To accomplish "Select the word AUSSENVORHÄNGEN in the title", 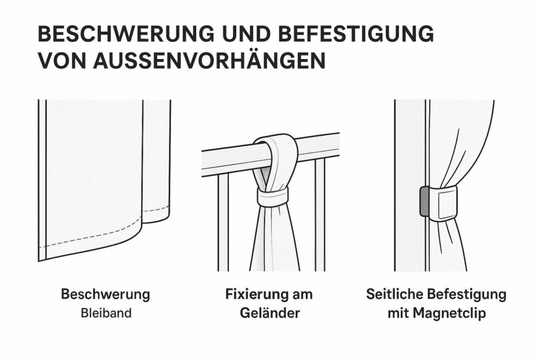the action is (x=209, y=61).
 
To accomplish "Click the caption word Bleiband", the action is (x=106, y=313).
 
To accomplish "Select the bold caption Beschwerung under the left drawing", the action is (x=105, y=295).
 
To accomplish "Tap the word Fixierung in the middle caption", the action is (x=254, y=295).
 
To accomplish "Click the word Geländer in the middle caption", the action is (x=269, y=313).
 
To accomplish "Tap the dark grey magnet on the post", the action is (x=423, y=201).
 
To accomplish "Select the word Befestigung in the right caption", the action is (x=467, y=295).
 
